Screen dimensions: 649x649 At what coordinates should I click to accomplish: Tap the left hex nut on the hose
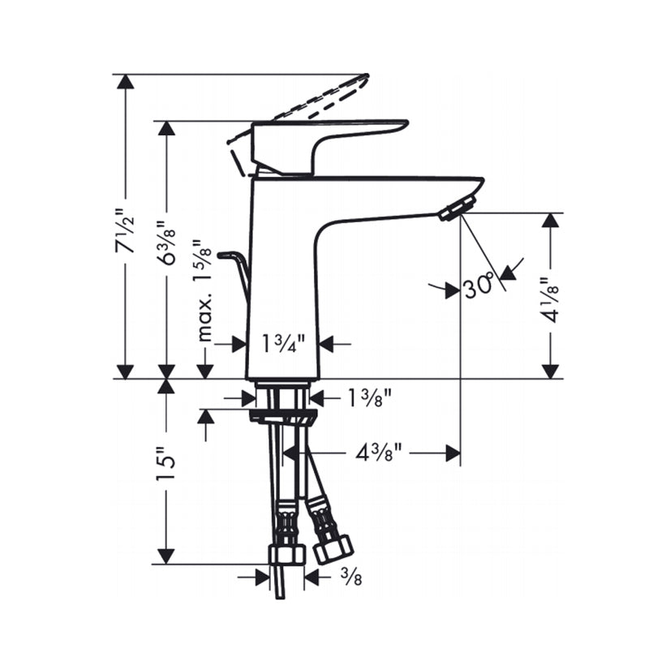pyautogui.click(x=286, y=554)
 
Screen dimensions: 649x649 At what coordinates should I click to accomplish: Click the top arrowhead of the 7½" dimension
pyautogui.click(x=124, y=82)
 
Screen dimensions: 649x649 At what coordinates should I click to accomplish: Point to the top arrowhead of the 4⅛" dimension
pyautogui.click(x=551, y=221)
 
